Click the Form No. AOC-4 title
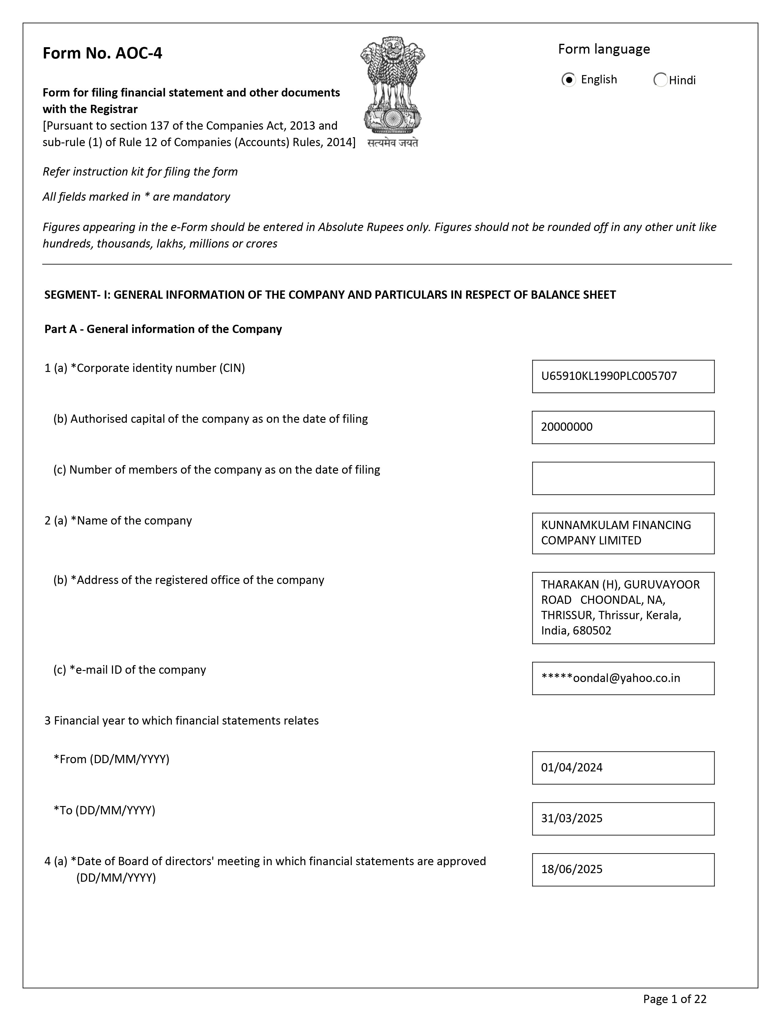pyautogui.click(x=102, y=53)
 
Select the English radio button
pyautogui.click(x=569, y=80)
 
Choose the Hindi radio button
pyautogui.click(x=660, y=80)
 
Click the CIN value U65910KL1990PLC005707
pyautogui.click(x=609, y=376)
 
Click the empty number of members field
pyautogui.click(x=623, y=478)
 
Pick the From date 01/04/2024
pyautogui.click(x=572, y=767)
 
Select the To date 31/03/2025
pyautogui.click(x=572, y=818)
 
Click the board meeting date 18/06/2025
pyautogui.click(x=572, y=869)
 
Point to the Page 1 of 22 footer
pyautogui.click(x=675, y=999)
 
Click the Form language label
pyautogui.click(x=603, y=49)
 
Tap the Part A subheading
pyautogui.click(x=163, y=329)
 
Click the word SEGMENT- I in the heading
pyautogui.click(x=77, y=295)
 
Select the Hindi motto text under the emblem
pyautogui.click(x=392, y=143)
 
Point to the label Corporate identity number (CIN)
pyautogui.click(x=160, y=368)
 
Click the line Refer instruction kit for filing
pyautogui.click(x=140, y=172)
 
